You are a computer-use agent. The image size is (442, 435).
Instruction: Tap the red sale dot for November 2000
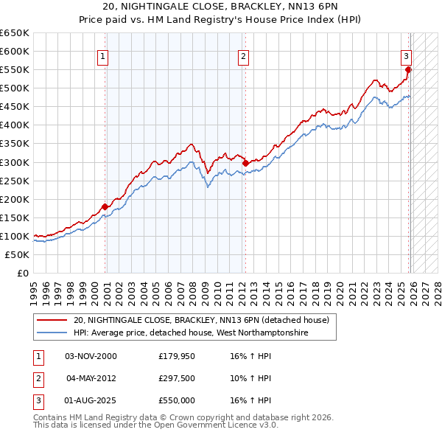(x=105, y=206)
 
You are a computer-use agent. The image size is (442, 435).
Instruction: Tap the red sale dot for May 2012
(x=245, y=163)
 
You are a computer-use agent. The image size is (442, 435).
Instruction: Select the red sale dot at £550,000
(x=409, y=70)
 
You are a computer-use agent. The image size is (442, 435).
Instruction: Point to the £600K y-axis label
(x=15, y=51)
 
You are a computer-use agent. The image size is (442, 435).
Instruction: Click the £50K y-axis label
(x=18, y=254)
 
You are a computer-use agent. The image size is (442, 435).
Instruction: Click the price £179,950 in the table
(x=177, y=356)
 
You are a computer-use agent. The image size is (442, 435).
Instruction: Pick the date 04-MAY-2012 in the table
(x=91, y=378)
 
